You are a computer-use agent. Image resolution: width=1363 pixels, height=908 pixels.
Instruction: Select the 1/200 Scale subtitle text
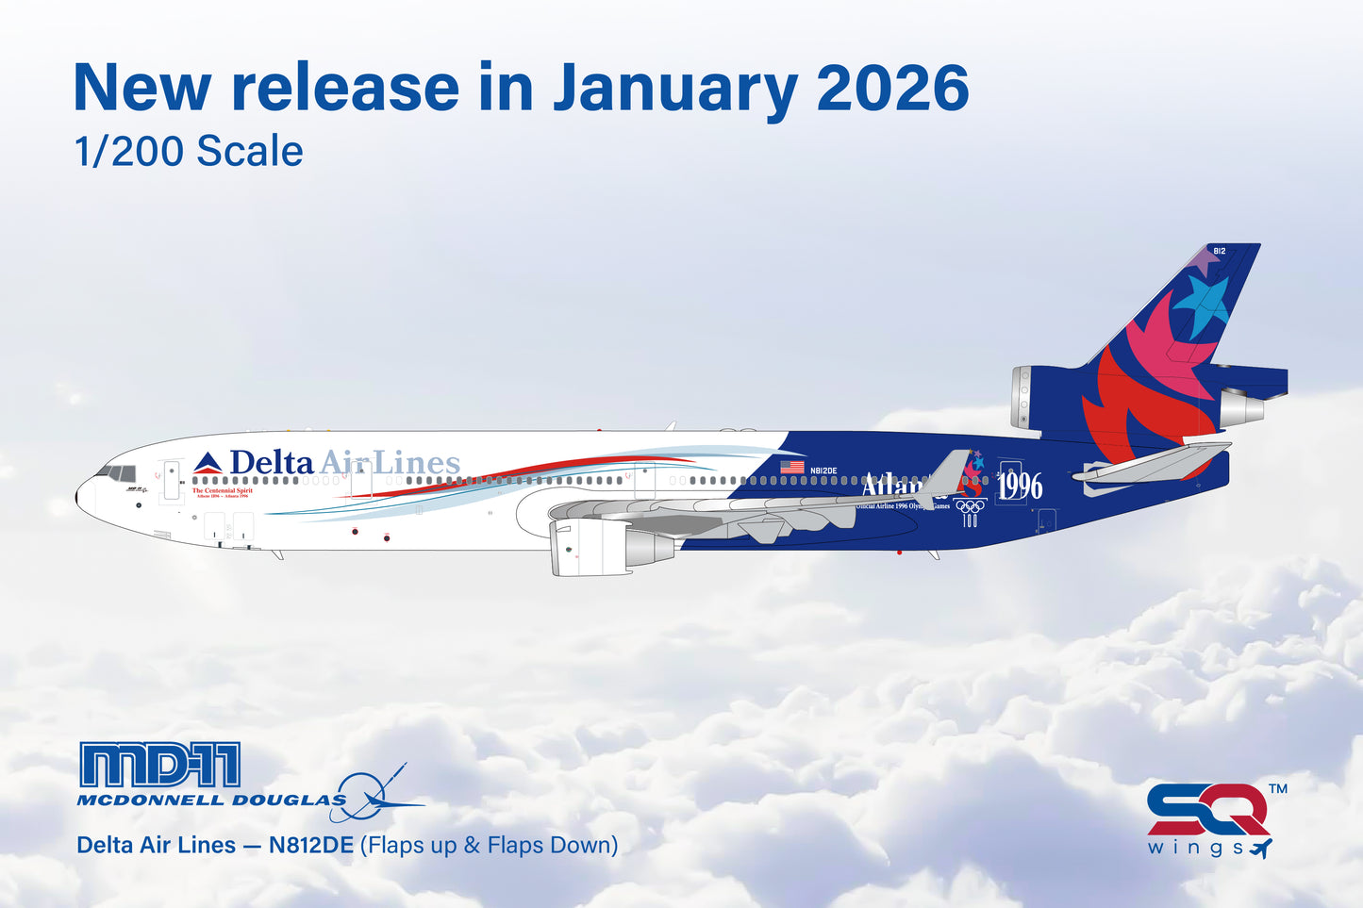pyautogui.click(x=189, y=152)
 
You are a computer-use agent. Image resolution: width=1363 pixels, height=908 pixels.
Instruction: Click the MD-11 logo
pyautogui.click(x=159, y=765)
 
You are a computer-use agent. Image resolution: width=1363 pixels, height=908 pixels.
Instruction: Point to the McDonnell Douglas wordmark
pyautogui.click(x=211, y=801)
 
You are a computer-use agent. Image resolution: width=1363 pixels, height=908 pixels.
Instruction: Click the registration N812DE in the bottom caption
pyautogui.click(x=310, y=845)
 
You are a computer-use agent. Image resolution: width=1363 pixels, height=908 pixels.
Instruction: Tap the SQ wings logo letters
pyautogui.click(x=1207, y=810)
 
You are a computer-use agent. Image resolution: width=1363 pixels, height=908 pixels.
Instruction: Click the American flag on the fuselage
pyautogui.click(x=792, y=468)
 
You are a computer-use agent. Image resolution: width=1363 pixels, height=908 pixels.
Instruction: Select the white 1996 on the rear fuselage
pyautogui.click(x=1020, y=487)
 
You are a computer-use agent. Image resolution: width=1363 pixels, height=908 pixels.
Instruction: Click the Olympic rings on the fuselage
pyautogui.click(x=970, y=506)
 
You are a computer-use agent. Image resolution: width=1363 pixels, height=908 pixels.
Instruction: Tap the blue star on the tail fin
pyautogui.click(x=1203, y=305)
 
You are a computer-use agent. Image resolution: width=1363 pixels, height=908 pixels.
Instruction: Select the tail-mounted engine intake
pyautogui.click(x=1023, y=396)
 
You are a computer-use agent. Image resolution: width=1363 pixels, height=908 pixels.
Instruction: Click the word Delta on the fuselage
pyautogui.click(x=272, y=463)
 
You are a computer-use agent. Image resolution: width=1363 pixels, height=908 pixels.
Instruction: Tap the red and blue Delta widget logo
pyautogui.click(x=208, y=463)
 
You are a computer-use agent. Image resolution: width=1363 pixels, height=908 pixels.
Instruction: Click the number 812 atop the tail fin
pyautogui.click(x=1219, y=251)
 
